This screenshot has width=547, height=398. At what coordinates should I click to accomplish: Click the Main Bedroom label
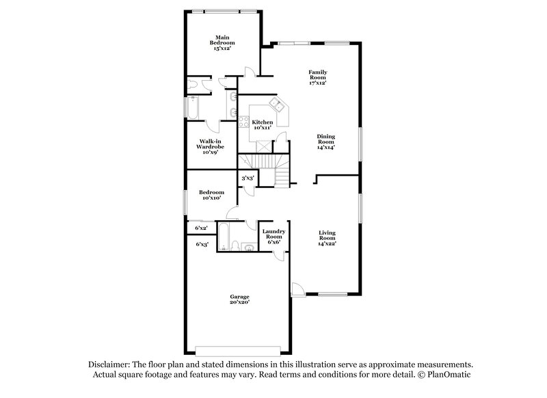[221, 43]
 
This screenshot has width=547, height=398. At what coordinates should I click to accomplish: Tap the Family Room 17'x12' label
[317, 77]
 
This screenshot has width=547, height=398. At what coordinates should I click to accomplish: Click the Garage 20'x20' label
[239, 299]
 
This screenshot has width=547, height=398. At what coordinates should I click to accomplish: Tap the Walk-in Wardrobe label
[209, 147]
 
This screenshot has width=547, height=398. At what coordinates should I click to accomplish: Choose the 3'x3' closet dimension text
[247, 178]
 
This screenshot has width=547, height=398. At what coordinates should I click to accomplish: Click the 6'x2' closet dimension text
[201, 228]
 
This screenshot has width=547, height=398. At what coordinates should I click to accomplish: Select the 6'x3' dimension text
[201, 244]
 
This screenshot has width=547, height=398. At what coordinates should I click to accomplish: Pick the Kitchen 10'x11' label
[263, 124]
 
